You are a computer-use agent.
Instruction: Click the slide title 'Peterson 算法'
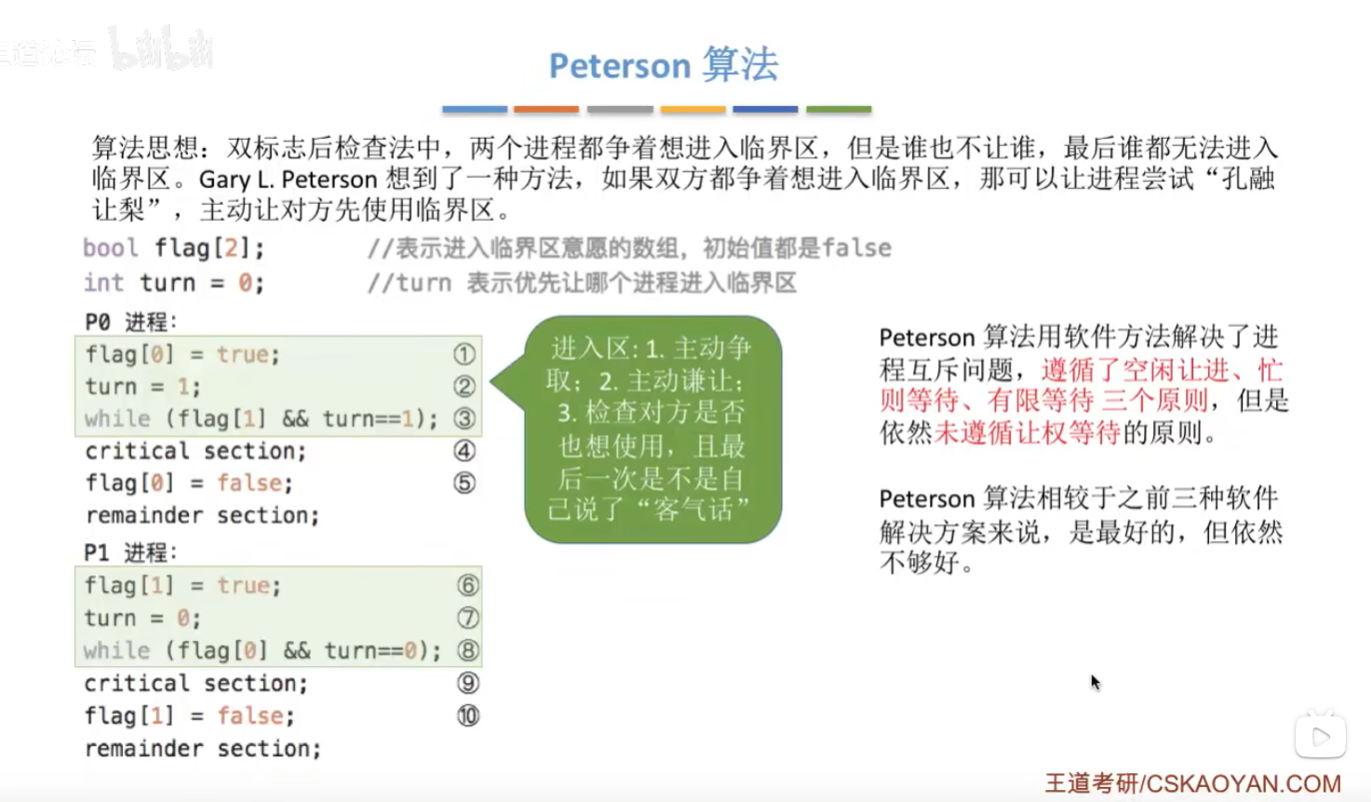pyautogui.click(x=664, y=64)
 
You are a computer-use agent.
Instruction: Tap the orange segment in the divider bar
pyautogui.click(x=546, y=109)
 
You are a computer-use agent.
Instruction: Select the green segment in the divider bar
pyautogui.click(x=839, y=109)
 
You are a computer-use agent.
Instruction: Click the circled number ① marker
pyautogui.click(x=464, y=354)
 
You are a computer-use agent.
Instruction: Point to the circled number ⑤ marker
pyautogui.click(x=464, y=483)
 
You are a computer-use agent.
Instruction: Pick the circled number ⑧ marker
pyautogui.click(x=467, y=650)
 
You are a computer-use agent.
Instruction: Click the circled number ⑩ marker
pyautogui.click(x=467, y=715)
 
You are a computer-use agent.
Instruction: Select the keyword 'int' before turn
pyautogui.click(x=103, y=282)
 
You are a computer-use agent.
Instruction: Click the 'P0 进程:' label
pyautogui.click(x=131, y=321)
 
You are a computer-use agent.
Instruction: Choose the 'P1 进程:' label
pyautogui.click(x=130, y=552)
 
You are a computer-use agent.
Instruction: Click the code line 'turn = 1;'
pyautogui.click(x=142, y=387)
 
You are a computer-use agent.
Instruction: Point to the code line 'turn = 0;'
pyautogui.click(x=142, y=618)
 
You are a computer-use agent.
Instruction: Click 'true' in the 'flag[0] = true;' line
pyautogui.click(x=243, y=354)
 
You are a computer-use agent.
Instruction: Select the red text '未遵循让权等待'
pyautogui.click(x=1028, y=433)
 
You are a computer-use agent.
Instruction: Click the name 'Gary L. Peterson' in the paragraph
pyautogui.click(x=289, y=180)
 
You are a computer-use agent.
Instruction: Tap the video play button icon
pyautogui.click(x=1320, y=736)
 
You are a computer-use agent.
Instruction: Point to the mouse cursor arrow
pyautogui.click(x=1095, y=682)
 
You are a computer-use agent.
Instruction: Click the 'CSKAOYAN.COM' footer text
pyautogui.click(x=1243, y=783)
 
